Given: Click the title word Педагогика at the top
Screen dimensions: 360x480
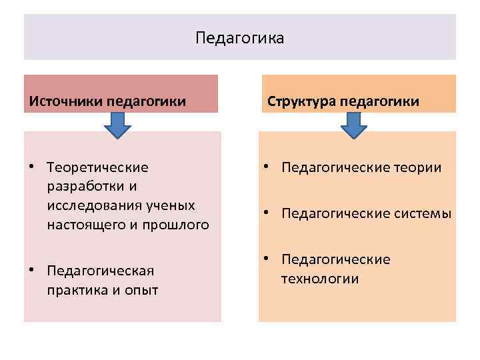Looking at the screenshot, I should point(240,37).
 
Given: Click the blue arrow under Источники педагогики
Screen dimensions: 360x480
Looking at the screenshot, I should point(117,125).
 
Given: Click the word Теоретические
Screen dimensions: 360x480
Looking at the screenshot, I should point(98,167).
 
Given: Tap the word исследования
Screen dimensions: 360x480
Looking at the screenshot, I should point(91,205).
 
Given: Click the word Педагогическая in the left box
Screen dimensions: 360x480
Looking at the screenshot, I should point(101,271).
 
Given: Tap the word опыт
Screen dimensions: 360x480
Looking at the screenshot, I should point(140,290).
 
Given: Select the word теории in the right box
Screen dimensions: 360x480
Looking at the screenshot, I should point(415,167).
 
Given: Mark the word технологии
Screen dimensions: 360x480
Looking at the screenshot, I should point(320,279).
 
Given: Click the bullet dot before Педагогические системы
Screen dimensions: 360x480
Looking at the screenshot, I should point(265,213).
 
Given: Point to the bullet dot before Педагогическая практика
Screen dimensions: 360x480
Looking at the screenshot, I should point(31,271).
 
